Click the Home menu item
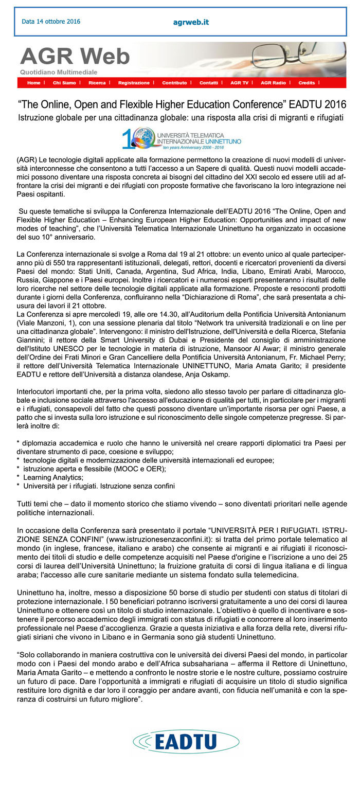tap(33, 83)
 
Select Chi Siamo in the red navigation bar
tap(64, 83)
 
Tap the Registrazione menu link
tap(134, 83)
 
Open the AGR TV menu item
tap(239, 83)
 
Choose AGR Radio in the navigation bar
tap(273, 83)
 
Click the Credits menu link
tap(307, 83)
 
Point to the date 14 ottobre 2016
tap(51, 22)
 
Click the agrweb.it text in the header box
tap(191, 23)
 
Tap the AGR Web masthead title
tap(75, 56)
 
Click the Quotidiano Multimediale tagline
tap(59, 72)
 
